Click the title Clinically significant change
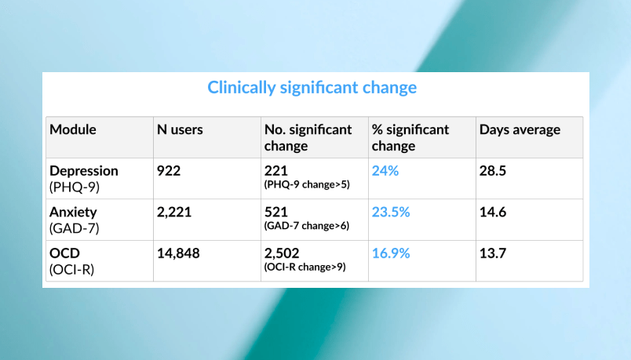point(312,87)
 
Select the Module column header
point(73,130)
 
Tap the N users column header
point(180,130)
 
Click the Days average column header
point(520,130)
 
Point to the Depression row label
point(84,171)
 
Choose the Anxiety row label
point(73,212)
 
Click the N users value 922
point(169,171)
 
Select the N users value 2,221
point(174,212)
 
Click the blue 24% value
point(385,171)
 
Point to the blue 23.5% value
point(392,212)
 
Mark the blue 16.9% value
point(392,253)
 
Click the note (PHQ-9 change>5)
point(307,185)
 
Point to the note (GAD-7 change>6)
point(307,226)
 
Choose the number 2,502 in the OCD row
point(282,253)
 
